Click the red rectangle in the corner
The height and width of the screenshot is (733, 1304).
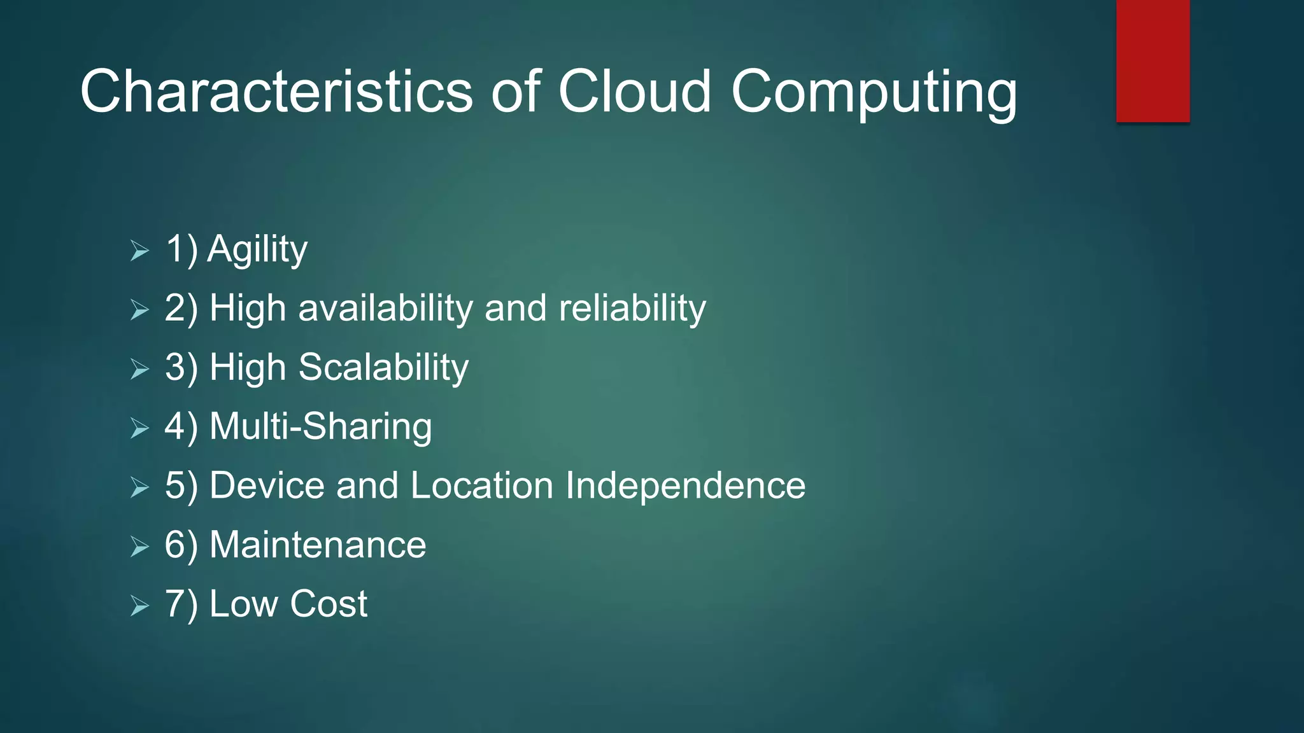click(1152, 61)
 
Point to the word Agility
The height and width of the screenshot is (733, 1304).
click(257, 249)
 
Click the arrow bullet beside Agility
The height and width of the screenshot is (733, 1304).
click(139, 251)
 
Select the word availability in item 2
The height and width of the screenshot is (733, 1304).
click(385, 309)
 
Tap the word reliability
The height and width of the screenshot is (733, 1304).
click(632, 309)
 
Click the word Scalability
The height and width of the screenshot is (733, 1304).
click(383, 368)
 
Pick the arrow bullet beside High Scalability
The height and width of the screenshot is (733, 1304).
click(139, 369)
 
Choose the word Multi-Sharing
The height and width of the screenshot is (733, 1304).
click(320, 426)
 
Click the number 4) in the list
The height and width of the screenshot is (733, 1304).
click(181, 426)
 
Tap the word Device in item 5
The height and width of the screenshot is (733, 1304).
click(267, 485)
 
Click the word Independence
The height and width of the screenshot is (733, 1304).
click(685, 485)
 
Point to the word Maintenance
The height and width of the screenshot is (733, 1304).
click(318, 545)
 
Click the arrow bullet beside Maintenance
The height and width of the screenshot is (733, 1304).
click(139, 547)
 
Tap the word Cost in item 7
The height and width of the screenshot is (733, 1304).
click(329, 604)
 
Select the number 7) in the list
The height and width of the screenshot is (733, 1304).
click(181, 604)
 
